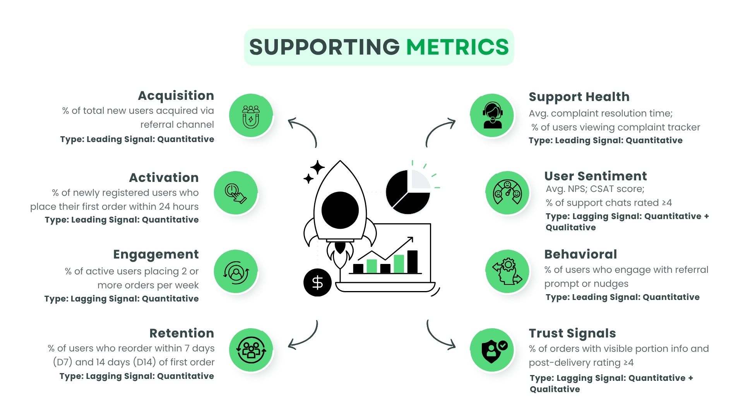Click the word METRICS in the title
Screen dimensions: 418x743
pos(457,47)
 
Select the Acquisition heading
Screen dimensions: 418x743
pos(176,95)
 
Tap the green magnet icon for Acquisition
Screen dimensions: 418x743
pos(251,115)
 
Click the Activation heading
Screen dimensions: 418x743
pos(164,177)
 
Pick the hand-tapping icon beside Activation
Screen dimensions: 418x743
pos(236,193)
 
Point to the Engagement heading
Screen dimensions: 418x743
pos(156,254)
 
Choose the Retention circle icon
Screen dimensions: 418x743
pos(251,350)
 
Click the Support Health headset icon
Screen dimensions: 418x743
pos(492,115)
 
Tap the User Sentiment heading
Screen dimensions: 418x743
pos(595,176)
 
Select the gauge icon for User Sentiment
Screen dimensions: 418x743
pos(507,193)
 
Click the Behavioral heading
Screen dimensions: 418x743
pos(580,254)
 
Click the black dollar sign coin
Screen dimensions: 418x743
pos(317,283)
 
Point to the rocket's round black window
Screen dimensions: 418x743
pos(340,210)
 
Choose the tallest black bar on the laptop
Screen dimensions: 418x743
pos(412,262)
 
